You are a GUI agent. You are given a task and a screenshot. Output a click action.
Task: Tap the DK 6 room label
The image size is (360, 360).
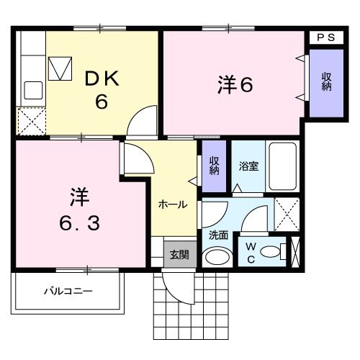(101, 89)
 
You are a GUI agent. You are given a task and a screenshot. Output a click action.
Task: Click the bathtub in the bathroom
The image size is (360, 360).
(284, 165)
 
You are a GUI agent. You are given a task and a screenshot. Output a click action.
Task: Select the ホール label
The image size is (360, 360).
(173, 204)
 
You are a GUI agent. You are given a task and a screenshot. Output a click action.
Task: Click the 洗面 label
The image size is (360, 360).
(218, 235)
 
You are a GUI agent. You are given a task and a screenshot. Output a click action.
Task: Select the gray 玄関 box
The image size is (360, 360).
(179, 254)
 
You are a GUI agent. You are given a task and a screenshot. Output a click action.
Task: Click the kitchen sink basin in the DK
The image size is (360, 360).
(34, 90)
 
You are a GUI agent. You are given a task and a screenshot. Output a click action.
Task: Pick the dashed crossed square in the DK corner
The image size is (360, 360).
(31, 120)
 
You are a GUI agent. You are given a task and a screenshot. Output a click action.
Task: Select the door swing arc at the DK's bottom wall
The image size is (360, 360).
(142, 121)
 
